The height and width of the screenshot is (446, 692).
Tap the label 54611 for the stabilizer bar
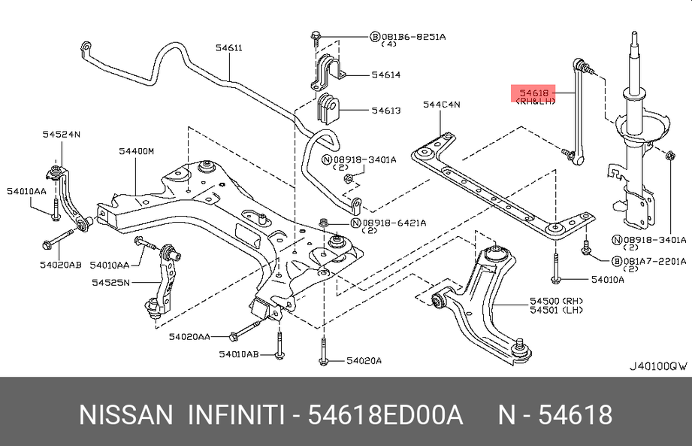[x=228, y=48]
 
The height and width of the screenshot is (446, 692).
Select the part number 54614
[x=385, y=74]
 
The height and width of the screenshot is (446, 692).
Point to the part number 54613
[x=385, y=111]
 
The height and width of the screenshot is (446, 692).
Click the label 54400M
[x=135, y=151]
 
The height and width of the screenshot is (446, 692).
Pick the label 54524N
[x=61, y=135]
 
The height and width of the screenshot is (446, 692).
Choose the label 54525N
[x=111, y=283]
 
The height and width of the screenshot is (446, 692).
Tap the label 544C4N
[x=441, y=105]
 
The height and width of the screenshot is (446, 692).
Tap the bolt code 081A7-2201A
[x=654, y=261]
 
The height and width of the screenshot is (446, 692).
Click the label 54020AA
[x=189, y=337]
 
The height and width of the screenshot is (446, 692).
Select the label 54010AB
[x=239, y=353]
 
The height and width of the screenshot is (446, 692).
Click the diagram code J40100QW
[x=657, y=367]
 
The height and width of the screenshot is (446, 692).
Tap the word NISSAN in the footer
[x=125, y=415]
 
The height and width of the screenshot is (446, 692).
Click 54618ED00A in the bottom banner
[x=386, y=415]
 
